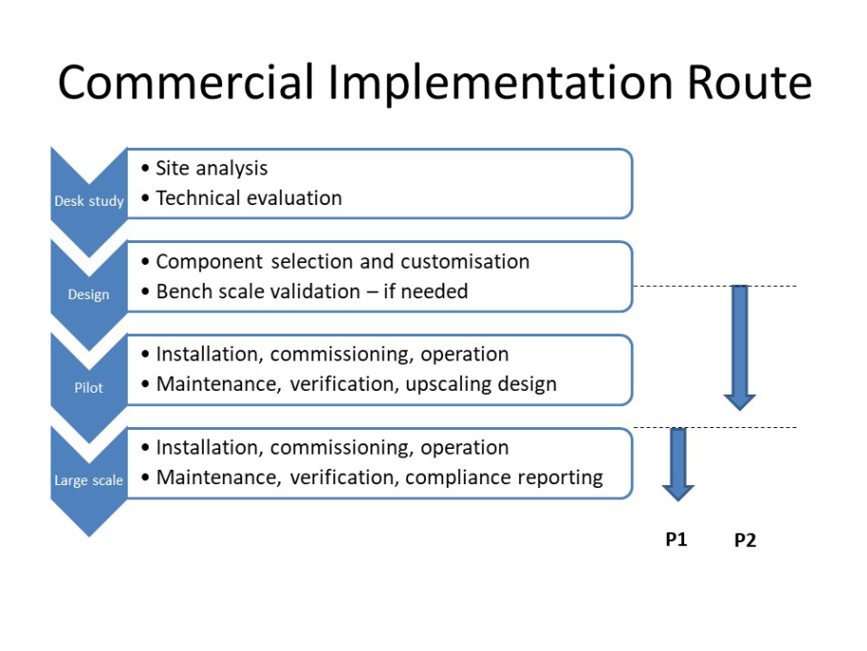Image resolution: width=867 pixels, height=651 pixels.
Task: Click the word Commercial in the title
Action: point(186,82)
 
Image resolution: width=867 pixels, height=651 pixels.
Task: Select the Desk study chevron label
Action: point(89,201)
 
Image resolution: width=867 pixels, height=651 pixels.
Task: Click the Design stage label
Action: point(89,295)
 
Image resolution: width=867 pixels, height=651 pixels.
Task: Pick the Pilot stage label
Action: point(89,387)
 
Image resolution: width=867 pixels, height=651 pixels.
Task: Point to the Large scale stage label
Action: point(89,480)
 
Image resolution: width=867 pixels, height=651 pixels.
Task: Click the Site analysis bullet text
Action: point(212,168)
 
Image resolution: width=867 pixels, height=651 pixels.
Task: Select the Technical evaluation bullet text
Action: point(249,198)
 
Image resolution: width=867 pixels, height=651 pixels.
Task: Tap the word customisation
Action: point(465,261)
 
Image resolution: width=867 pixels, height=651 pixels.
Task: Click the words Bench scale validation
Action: point(258,291)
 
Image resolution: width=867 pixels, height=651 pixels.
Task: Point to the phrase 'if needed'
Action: point(426,291)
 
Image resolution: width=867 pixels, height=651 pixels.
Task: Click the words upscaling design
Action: point(481,384)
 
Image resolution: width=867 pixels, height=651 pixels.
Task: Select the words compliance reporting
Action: point(504,478)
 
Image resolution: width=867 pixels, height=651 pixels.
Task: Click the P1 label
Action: point(676,539)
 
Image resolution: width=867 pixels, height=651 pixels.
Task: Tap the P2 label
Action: point(745,539)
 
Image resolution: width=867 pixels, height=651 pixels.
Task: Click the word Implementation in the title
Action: point(500,82)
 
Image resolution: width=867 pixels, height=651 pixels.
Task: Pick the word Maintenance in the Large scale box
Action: point(219,478)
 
